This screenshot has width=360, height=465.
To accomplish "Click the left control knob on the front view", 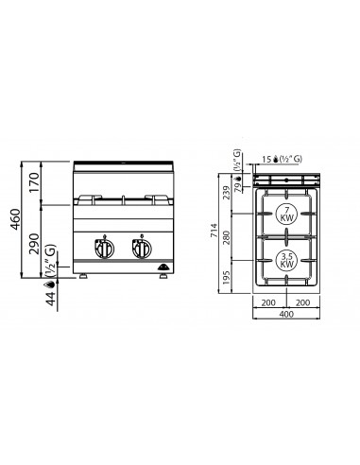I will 100,251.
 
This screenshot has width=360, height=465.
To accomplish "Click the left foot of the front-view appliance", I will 86,279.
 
